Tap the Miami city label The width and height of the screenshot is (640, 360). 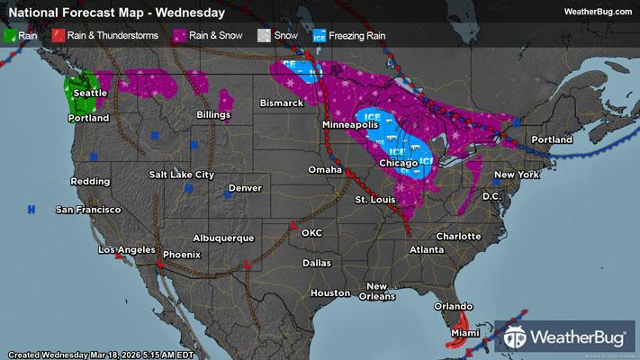tap(465, 332)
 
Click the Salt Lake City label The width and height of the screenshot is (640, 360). tap(182, 174)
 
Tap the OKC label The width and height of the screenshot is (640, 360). tap(312, 232)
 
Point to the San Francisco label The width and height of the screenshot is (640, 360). tap(88, 210)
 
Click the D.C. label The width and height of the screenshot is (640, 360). tap(491, 195)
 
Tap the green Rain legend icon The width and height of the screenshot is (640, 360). tap(11, 36)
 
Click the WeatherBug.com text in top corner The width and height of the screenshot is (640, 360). tap(598, 11)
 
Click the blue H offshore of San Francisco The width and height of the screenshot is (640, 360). tap(32, 209)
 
